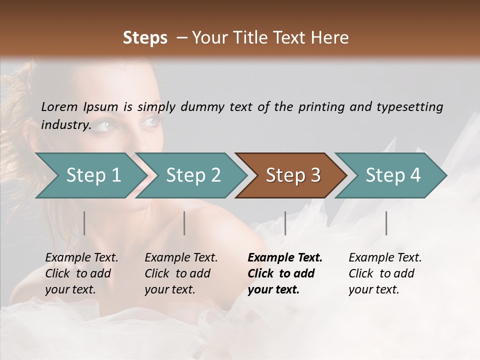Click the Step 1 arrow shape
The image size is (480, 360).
pos(93,175)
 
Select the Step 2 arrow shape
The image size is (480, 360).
pos(193,175)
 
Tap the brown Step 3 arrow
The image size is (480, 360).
pos(293,175)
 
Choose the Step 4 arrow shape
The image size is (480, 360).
pos(393,175)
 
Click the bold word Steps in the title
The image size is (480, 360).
pos(145,38)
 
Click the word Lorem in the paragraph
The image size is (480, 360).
pos(59,107)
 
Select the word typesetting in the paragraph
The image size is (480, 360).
pos(410,107)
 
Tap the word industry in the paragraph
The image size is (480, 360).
pos(65,124)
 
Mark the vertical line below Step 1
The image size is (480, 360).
pos(84,223)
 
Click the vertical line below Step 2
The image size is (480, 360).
pos(184,223)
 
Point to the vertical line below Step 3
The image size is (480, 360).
pos(285,223)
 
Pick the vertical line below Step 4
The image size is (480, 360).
pos(386,223)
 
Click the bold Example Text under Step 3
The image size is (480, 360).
pos(285,258)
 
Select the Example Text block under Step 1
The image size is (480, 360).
pos(81,273)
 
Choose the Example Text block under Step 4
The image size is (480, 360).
pos(385,273)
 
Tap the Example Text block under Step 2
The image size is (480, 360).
pos(181,273)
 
